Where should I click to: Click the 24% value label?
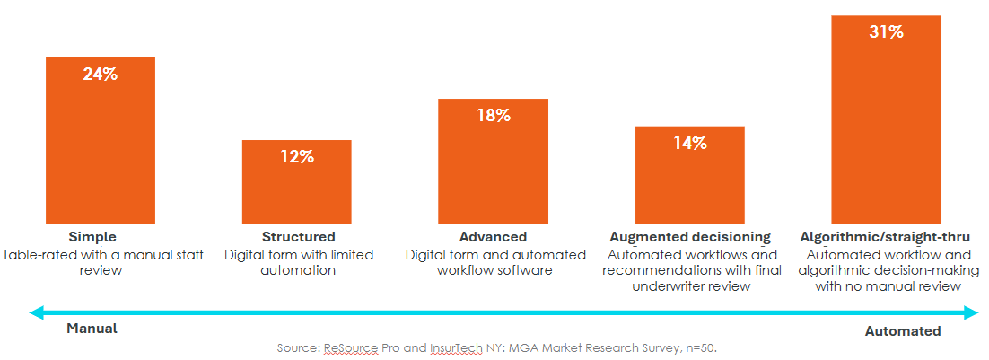pyautogui.click(x=101, y=75)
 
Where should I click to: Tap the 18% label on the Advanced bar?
pyautogui.click(x=493, y=115)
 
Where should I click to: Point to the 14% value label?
pyautogui.click(x=690, y=143)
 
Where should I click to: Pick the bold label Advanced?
pyautogui.click(x=493, y=237)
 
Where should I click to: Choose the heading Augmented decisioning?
pyautogui.click(x=690, y=237)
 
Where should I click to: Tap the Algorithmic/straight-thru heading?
pyautogui.click(x=885, y=237)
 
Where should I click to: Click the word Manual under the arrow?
pyautogui.click(x=92, y=329)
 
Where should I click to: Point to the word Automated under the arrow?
pyautogui.click(x=903, y=331)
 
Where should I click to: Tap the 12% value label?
pyautogui.click(x=296, y=157)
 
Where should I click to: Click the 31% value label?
pyautogui.click(x=886, y=32)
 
